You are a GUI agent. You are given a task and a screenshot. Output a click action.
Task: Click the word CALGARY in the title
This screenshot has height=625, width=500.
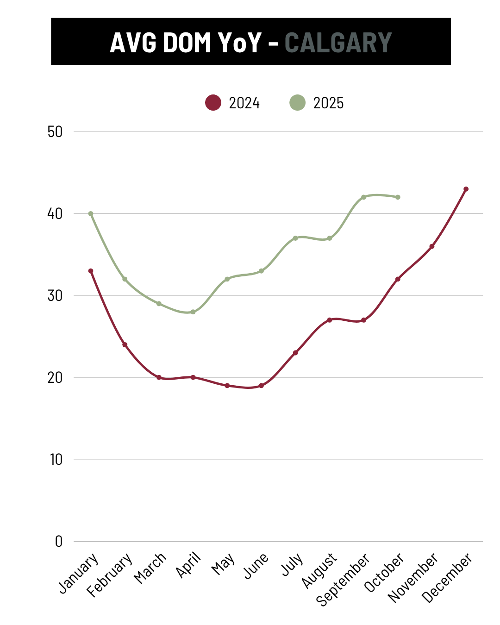coord(338,43)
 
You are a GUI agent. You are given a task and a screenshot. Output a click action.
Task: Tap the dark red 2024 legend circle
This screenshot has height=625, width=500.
coord(213,102)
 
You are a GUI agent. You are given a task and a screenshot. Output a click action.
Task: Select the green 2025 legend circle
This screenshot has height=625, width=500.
coord(297,102)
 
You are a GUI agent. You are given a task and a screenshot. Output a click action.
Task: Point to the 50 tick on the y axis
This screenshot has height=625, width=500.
coord(55,132)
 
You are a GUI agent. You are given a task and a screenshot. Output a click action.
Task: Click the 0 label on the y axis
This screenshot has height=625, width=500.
coord(59,541)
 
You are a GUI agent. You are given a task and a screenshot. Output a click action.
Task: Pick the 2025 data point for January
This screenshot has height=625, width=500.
coord(91,214)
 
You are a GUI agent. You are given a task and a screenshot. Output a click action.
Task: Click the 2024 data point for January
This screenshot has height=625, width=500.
coord(91,271)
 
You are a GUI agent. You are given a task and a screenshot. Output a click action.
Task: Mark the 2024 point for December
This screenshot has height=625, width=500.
coord(466,189)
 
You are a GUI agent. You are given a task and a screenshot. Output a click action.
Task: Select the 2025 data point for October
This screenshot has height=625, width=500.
coord(398,197)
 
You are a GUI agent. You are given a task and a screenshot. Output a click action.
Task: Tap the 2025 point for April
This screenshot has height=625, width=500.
coord(193,312)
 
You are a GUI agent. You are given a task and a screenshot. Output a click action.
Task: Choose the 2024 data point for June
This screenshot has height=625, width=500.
coord(261,386)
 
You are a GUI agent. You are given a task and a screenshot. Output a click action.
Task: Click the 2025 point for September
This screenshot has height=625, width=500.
coord(363,197)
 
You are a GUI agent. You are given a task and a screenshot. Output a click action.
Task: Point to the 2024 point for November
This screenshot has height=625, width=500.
coord(432,246)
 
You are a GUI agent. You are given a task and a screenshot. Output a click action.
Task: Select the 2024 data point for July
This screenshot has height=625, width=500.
coord(295,353)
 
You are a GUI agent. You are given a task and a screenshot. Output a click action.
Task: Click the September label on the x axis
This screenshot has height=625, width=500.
coord(343,579)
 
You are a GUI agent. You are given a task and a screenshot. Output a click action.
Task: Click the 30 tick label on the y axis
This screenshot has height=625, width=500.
coord(55,296)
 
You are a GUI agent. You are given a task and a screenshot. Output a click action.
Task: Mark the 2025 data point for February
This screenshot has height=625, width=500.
coord(125,279)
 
